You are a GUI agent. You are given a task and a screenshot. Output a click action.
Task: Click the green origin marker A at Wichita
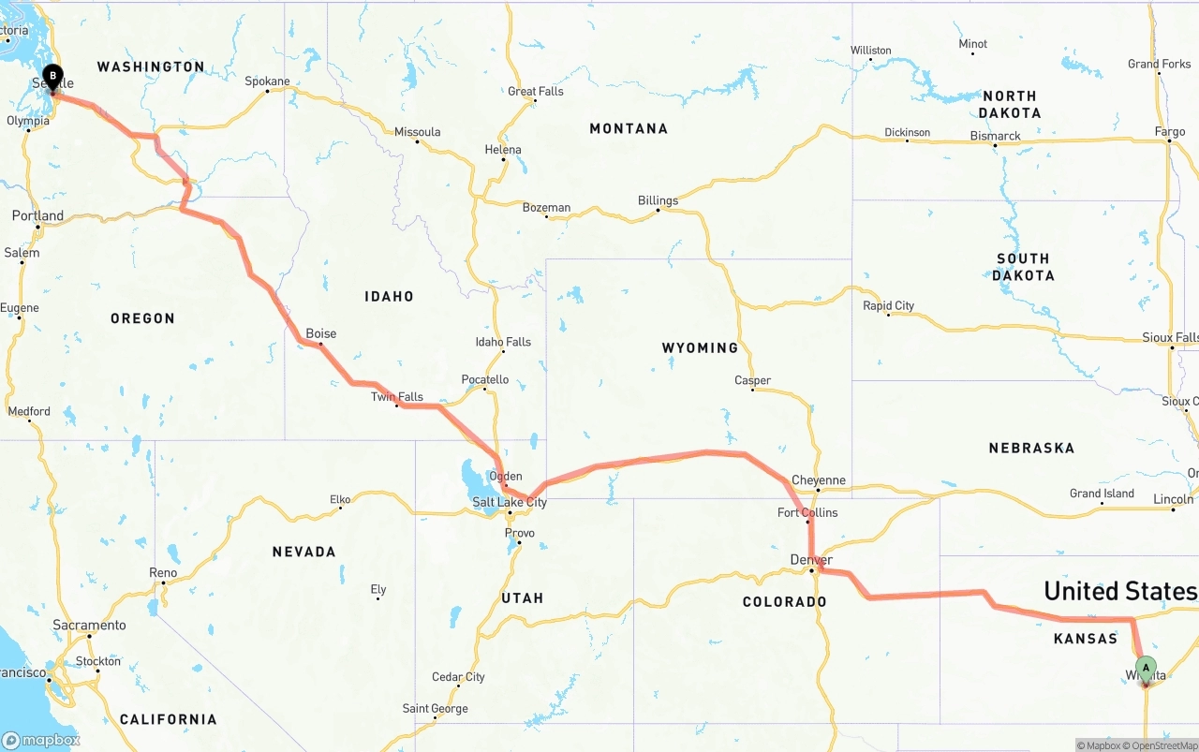click(x=1145, y=669)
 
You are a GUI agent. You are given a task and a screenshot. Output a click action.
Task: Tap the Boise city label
click(x=320, y=333)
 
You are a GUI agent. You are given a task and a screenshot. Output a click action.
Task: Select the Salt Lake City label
click(x=509, y=503)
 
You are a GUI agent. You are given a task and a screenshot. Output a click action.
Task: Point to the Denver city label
click(x=810, y=560)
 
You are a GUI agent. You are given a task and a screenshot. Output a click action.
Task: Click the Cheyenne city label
click(x=818, y=480)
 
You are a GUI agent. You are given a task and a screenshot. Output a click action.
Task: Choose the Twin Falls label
click(x=397, y=397)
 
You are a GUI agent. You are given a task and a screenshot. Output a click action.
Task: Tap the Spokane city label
click(x=267, y=81)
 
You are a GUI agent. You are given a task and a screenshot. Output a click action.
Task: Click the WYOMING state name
click(x=700, y=347)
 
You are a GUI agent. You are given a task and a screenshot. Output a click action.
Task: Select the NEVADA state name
click(x=303, y=552)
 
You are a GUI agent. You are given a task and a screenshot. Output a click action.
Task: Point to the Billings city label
click(x=658, y=200)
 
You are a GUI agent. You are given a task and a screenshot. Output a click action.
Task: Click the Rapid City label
click(x=888, y=305)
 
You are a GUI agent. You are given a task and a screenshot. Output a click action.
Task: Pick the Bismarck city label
click(x=995, y=136)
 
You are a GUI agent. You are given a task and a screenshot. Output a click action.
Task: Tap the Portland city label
click(x=37, y=215)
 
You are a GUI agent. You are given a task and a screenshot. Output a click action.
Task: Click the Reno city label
click(x=163, y=572)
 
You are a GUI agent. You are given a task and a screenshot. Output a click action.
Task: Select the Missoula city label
click(x=417, y=132)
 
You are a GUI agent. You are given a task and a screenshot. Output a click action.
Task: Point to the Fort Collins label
click(x=807, y=512)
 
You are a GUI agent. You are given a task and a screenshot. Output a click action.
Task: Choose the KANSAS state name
click(x=1085, y=639)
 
